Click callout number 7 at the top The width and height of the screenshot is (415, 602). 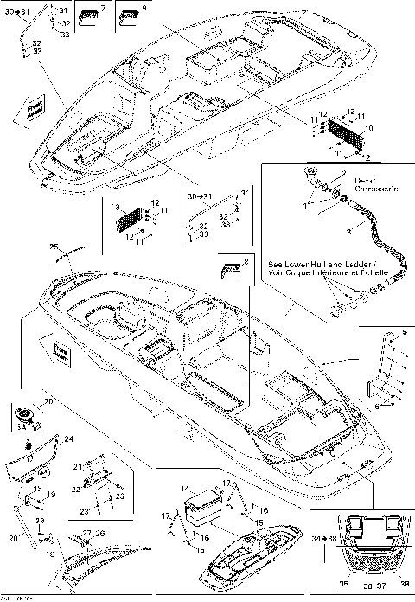[104, 8]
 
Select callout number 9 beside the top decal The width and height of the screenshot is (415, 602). [144, 8]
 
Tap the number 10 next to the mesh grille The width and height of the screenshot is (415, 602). [369, 129]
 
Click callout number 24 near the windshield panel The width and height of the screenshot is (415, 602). [69, 440]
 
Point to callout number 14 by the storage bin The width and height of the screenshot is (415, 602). [184, 490]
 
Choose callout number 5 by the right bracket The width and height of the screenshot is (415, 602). [405, 332]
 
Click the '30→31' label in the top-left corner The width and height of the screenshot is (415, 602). [27, 11]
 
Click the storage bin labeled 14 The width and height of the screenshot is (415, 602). [206, 507]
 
